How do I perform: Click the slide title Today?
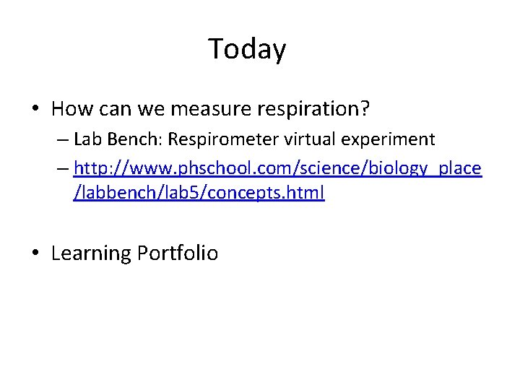[x=247, y=49]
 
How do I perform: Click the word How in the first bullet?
[x=71, y=109]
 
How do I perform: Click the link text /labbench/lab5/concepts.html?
[x=199, y=194]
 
